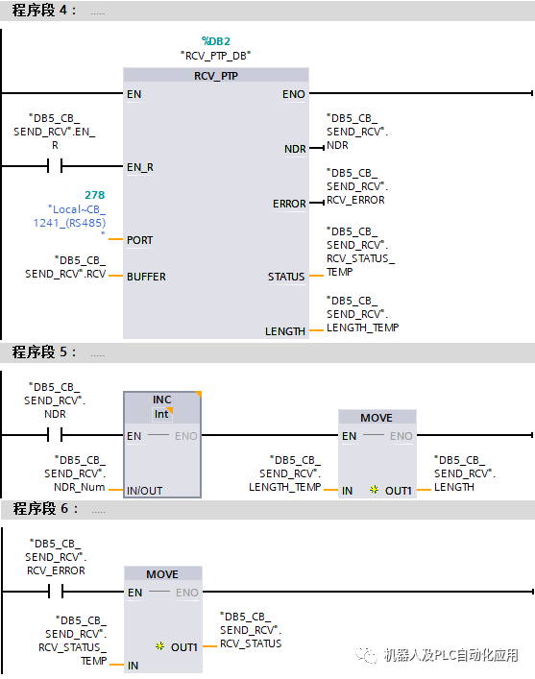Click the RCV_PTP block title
pos(216,75)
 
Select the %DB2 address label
pos(216,40)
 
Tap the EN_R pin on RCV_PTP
pos(139,166)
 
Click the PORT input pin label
pos(140,239)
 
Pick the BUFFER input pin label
pos(146,277)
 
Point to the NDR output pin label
pos(295,149)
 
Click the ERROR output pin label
pos(289,204)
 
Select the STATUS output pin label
pos(286,277)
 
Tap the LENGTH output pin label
pos(285,331)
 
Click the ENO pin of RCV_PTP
pos(294,94)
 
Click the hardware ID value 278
pos(94,195)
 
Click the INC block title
pos(161,400)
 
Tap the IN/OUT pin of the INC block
pos(145,491)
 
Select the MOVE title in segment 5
pos(377,418)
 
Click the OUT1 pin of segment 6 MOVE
pos(183,647)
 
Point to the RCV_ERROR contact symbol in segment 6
pos(55,593)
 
